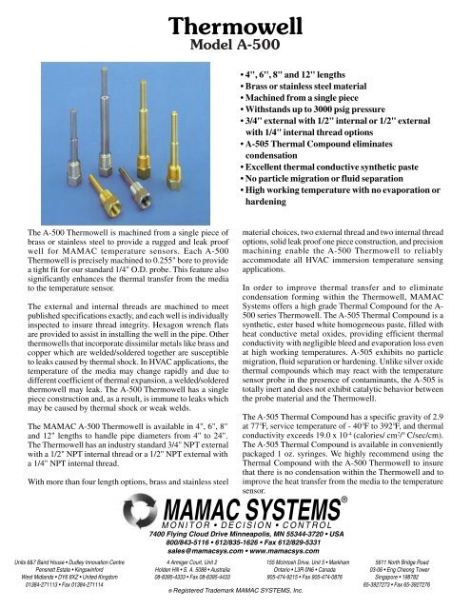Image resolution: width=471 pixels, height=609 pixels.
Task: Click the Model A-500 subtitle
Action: (x=235, y=43)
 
